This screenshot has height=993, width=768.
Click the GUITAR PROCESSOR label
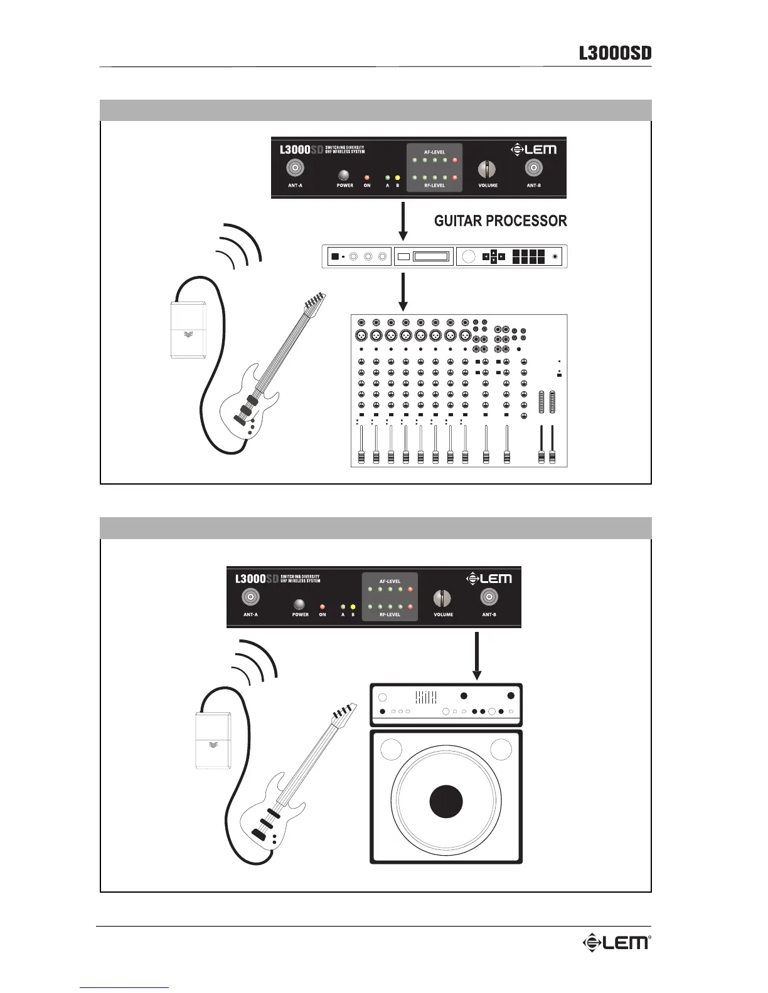click(x=501, y=221)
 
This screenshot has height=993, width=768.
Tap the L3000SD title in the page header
click(x=615, y=53)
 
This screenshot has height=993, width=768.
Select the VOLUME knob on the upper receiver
click(x=487, y=169)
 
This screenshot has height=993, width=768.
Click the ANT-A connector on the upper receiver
click(x=296, y=168)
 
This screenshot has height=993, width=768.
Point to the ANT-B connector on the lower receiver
click(x=489, y=597)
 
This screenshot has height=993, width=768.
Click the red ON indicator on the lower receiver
click(x=323, y=607)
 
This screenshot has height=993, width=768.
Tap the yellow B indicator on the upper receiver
click(x=397, y=177)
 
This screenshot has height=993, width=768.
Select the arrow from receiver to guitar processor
click(x=403, y=221)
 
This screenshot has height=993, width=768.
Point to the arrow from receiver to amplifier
click(x=477, y=656)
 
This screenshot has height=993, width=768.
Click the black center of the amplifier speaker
click(x=446, y=801)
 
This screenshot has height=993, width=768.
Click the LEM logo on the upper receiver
click(x=534, y=149)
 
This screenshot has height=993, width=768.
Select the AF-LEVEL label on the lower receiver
click(x=390, y=581)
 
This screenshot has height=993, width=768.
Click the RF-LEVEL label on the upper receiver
click(x=434, y=186)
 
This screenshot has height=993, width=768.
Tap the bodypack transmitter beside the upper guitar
click(x=189, y=330)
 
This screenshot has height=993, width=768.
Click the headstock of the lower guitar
click(x=344, y=713)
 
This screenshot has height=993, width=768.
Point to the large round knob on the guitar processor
click(x=468, y=256)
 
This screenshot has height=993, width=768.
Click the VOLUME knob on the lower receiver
click(x=442, y=598)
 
